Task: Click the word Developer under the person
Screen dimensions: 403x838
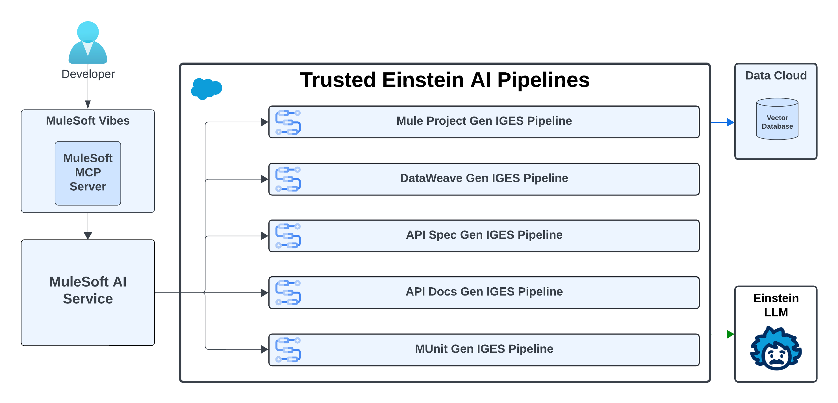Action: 88,74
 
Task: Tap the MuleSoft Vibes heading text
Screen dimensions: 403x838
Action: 88,121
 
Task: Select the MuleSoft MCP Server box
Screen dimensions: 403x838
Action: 88,173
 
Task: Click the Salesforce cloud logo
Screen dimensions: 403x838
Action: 207,89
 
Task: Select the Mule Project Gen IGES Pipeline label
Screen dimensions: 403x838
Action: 484,121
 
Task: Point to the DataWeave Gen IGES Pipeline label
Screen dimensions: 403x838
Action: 484,178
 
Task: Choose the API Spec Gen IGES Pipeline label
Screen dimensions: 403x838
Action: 484,235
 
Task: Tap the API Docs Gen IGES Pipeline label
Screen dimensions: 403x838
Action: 484,291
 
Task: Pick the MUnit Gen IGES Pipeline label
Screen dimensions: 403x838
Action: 484,349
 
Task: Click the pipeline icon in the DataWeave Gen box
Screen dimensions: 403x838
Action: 288,179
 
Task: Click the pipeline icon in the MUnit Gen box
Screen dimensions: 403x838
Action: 288,350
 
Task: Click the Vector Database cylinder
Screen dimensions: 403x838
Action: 777,119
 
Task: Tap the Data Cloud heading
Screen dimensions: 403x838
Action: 776,76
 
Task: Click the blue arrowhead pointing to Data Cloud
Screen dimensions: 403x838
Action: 730,122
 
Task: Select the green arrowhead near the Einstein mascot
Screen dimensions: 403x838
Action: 730,334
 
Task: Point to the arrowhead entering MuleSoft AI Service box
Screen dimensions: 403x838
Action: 88,235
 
